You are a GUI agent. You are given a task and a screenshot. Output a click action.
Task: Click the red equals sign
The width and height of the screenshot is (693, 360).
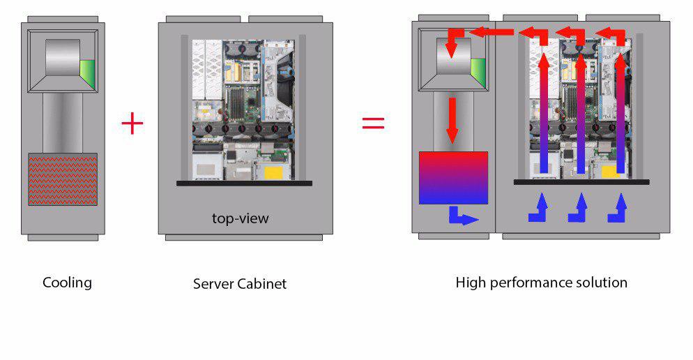click(373, 123)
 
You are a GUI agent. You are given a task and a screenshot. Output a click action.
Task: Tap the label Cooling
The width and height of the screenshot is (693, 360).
click(67, 283)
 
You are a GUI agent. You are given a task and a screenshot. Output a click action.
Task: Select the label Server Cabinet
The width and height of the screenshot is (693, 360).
click(240, 284)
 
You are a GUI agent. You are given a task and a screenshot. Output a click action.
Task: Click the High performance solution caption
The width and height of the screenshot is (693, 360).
click(541, 283)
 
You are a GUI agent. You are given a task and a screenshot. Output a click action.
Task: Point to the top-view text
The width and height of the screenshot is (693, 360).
click(241, 218)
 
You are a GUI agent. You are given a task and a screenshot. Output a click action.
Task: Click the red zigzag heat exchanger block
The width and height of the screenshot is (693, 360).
click(62, 179)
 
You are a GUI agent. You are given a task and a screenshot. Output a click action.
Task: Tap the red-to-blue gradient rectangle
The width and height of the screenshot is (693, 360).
click(453, 177)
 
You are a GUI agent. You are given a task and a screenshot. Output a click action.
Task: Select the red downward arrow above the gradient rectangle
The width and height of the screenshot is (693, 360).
click(452, 119)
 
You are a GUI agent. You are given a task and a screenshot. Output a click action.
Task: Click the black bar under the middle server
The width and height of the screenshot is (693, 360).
click(244, 183)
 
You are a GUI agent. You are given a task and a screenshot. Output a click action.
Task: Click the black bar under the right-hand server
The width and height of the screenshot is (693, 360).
click(581, 182)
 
